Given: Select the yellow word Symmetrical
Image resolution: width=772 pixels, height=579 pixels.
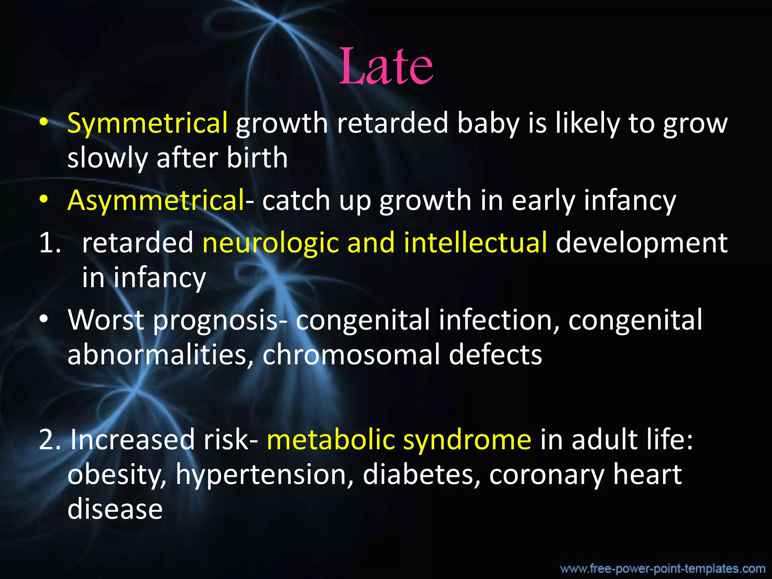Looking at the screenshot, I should (147, 124).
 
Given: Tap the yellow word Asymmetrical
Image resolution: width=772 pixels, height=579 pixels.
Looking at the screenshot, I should (156, 201).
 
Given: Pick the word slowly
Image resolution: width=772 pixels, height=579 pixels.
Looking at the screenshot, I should (107, 158).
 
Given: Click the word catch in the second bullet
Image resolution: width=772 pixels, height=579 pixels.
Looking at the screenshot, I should (296, 201).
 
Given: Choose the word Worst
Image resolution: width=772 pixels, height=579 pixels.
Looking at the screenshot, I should (106, 320).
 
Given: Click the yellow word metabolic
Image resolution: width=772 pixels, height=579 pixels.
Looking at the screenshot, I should (330, 440).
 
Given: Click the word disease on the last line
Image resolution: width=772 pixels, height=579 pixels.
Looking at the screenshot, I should (115, 509).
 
